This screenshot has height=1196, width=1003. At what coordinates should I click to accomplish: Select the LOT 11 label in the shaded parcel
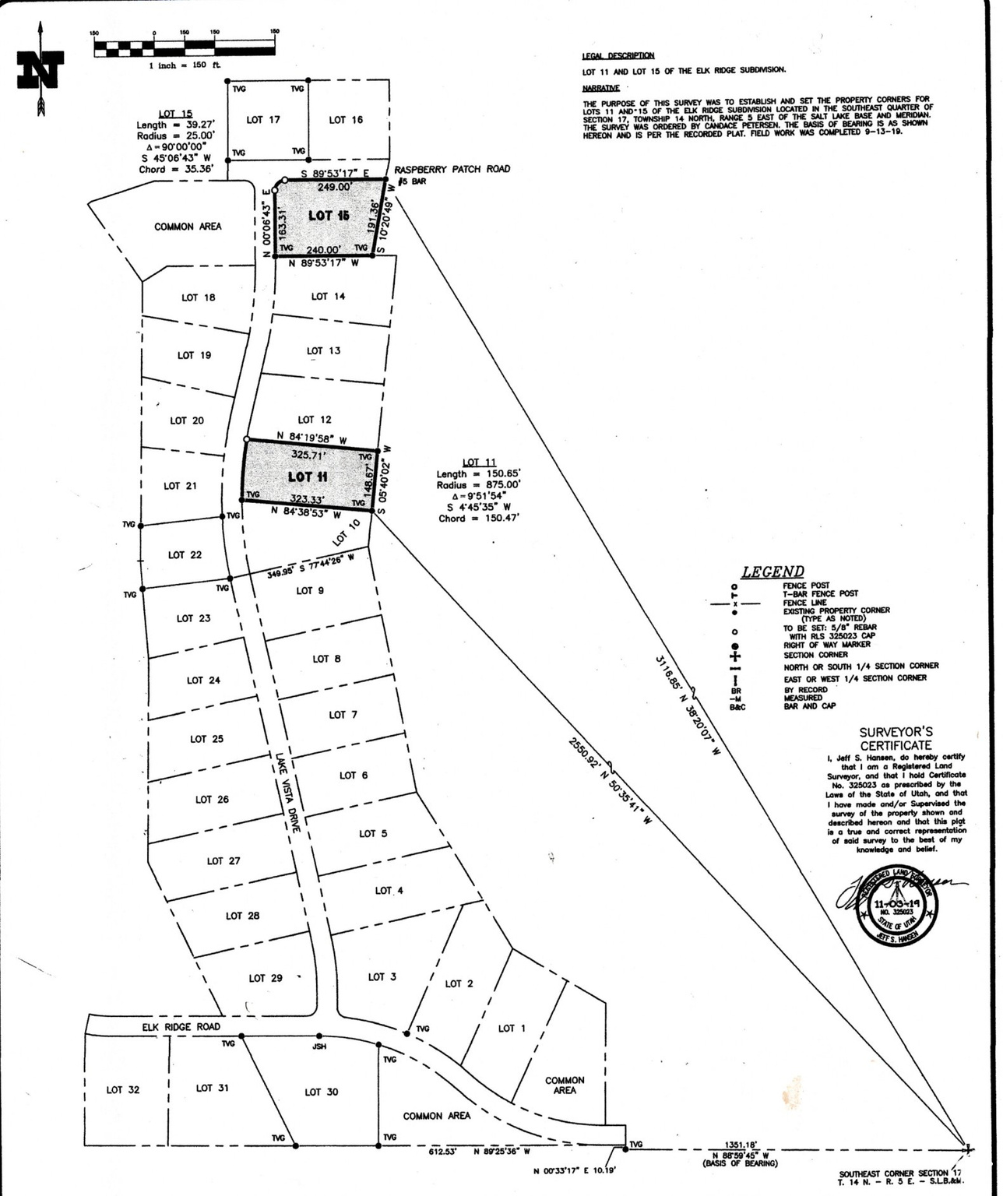308,477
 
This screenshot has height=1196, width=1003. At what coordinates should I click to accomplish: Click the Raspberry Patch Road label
452,169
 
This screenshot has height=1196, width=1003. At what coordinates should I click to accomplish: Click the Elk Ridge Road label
181,1027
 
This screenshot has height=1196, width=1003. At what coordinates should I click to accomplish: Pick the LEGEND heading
772,572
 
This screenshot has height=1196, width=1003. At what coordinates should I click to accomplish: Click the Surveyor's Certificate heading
895,738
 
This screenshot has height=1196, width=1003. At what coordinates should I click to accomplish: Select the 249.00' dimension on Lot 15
334,187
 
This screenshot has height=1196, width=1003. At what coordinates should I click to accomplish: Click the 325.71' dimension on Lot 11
308,453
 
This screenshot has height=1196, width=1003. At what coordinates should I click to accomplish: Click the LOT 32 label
123,1089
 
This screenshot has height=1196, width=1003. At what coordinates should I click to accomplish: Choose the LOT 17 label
263,120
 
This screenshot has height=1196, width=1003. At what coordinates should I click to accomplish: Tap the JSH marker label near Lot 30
319,1046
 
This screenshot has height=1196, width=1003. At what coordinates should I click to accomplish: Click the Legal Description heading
618,56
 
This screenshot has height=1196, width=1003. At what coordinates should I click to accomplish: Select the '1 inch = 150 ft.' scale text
185,65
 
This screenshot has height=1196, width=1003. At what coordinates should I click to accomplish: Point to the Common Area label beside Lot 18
188,227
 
